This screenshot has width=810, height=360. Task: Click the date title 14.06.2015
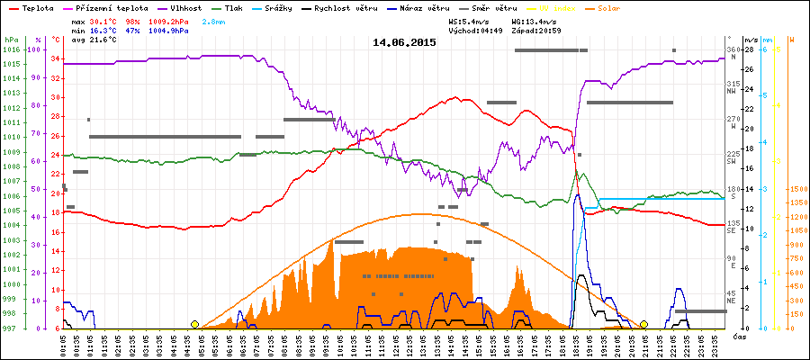[x=404, y=42]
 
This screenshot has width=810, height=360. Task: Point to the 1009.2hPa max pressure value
[x=170, y=21]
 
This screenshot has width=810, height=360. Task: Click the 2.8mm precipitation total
[x=214, y=21]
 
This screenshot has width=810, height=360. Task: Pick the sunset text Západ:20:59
[x=535, y=30]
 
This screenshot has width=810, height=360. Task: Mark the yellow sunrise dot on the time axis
[x=194, y=324]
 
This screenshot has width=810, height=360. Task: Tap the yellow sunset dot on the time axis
[x=643, y=324]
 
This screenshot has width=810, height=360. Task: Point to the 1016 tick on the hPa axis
[x=11, y=49]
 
